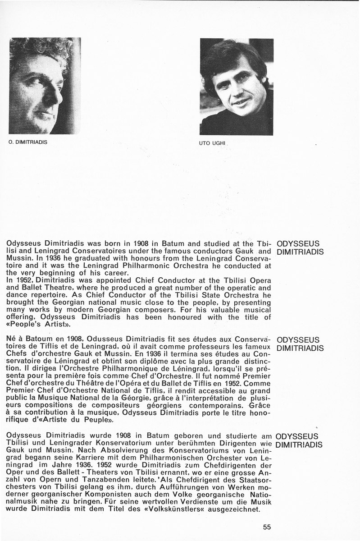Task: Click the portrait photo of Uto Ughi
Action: click(236, 87)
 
